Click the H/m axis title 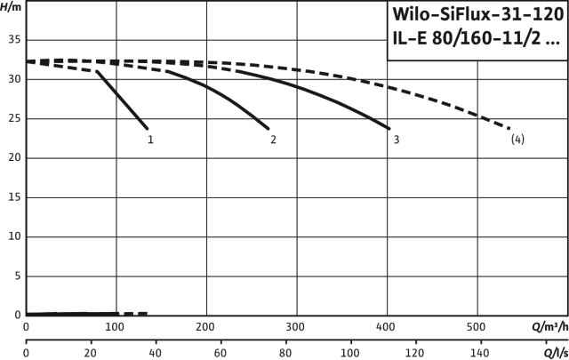pyautogui.click(x=11, y=9)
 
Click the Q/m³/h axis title pyautogui.click(x=549, y=326)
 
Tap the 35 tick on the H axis pyautogui.click(x=14, y=40)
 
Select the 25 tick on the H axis pyautogui.click(x=14, y=118)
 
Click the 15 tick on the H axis pyautogui.click(x=14, y=197)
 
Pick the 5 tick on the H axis pyautogui.click(x=17, y=276)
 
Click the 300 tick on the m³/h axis pyautogui.click(x=296, y=326)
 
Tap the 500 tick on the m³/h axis pyautogui.click(x=477, y=326)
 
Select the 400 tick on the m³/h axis pyautogui.click(x=387, y=326)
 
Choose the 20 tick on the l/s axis pyautogui.click(x=91, y=353)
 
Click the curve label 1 pyautogui.click(x=151, y=140)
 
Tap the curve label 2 pyautogui.click(x=273, y=140)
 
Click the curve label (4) pyautogui.click(x=517, y=140)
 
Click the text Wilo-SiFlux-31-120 pyautogui.click(x=476, y=15)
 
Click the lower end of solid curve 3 pyautogui.click(x=389, y=128)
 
